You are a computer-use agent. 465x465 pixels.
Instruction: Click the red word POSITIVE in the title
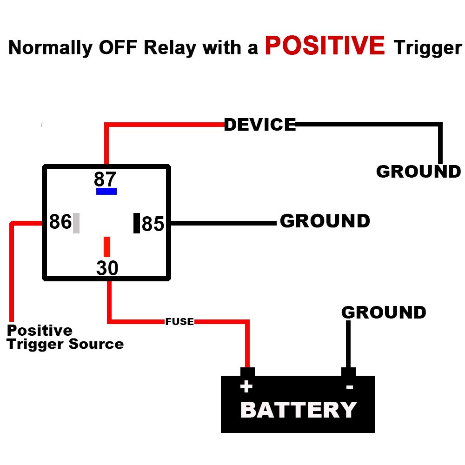(325, 46)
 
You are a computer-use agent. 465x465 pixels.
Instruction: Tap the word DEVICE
(259, 125)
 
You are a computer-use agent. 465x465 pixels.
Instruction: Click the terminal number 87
(105, 179)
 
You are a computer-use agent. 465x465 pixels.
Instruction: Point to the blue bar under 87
(106, 191)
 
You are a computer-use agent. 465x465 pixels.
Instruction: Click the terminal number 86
(60, 222)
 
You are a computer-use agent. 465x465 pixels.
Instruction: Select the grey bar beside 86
(76, 223)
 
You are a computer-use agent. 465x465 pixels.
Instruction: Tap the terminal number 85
(153, 224)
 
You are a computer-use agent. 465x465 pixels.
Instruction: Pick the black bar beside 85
(137, 223)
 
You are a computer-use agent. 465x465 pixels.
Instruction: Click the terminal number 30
(107, 268)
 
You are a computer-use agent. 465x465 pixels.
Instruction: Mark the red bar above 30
(107, 246)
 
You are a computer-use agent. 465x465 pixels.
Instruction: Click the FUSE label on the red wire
(179, 322)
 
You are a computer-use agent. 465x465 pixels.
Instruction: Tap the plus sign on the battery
(246, 387)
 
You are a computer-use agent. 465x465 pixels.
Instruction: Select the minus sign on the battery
(350, 387)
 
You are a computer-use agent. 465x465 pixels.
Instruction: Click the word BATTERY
(298, 410)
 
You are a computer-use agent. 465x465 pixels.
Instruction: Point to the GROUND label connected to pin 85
(325, 221)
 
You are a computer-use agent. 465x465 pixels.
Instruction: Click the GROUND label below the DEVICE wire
(418, 172)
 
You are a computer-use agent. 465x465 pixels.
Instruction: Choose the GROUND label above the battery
(384, 312)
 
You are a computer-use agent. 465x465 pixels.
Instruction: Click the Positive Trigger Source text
(65, 337)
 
